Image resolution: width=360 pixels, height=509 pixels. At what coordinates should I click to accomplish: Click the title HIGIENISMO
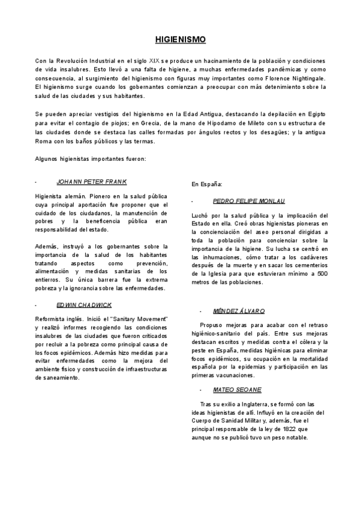[180, 40]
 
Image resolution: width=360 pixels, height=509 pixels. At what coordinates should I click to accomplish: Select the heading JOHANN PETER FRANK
[92, 181]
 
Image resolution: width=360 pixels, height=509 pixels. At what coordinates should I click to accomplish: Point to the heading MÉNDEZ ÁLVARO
[239, 312]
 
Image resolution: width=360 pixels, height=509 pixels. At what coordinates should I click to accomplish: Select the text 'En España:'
[207, 184]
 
